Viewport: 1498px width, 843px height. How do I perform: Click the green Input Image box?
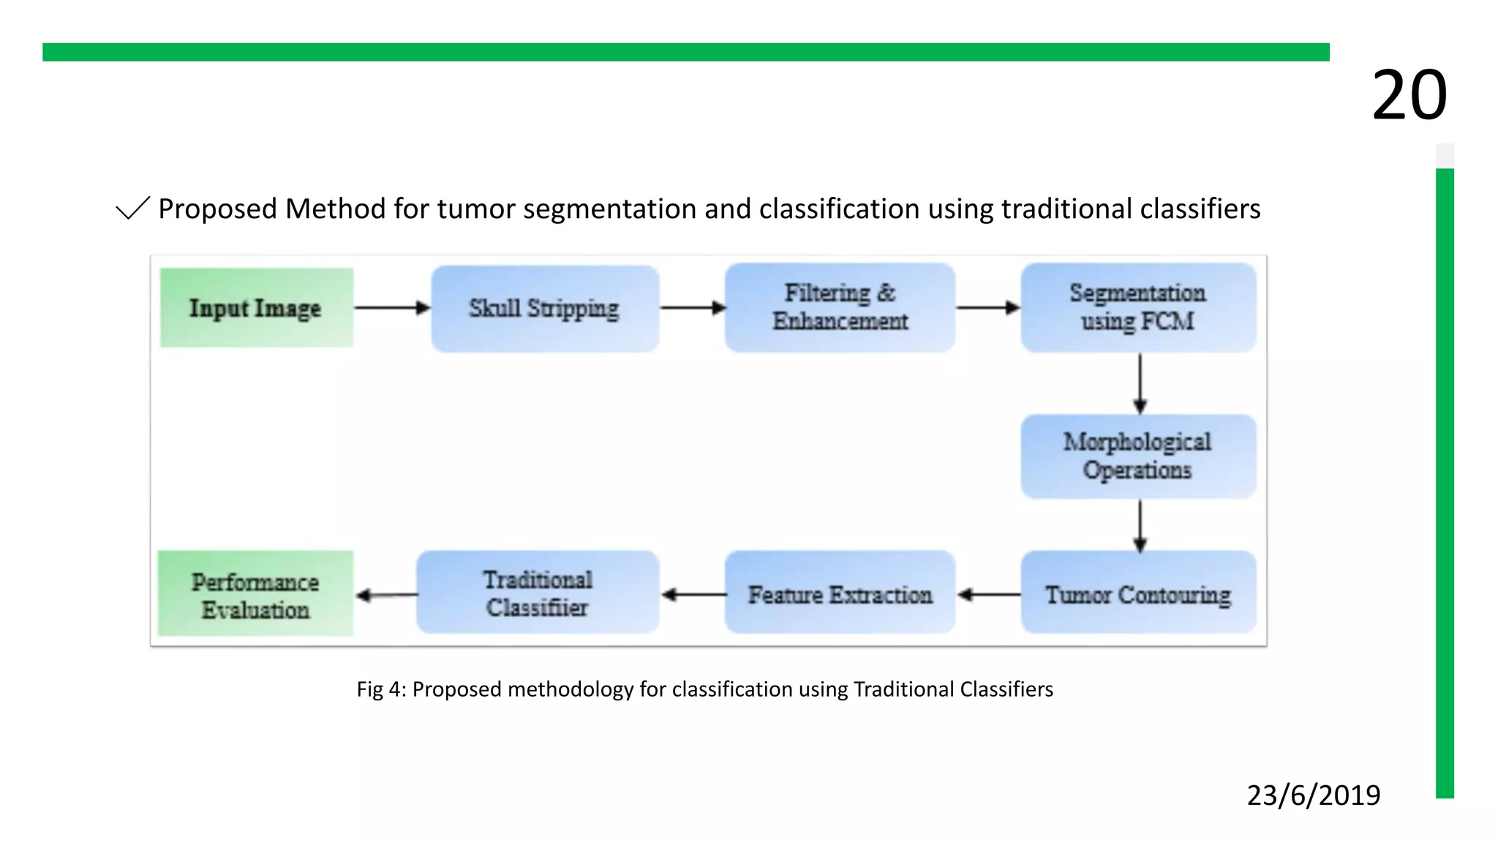pos(256,307)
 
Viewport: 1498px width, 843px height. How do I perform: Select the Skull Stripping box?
pos(544,308)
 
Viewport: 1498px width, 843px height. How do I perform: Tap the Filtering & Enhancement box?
pos(840,307)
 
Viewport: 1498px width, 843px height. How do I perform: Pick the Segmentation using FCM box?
pos(1138,307)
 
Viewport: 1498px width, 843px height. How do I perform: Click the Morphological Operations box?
pos(1138,456)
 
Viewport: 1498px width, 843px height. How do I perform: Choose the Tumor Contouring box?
pos(1138,593)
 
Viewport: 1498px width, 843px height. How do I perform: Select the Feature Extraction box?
pos(840,593)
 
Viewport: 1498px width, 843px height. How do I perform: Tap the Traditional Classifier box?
pos(538,593)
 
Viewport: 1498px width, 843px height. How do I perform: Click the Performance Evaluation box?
pos(255,594)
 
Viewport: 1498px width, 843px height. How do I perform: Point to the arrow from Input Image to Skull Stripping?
pos(392,307)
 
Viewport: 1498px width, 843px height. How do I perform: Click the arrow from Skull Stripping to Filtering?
pos(692,307)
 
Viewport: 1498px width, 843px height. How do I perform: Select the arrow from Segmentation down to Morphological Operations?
pos(1140,383)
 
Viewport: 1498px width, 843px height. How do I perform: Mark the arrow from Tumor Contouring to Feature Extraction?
pos(988,594)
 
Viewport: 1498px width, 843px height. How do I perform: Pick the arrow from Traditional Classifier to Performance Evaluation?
pos(386,595)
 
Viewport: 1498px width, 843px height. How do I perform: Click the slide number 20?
pos(1409,95)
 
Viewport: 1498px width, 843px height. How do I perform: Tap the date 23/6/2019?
pos(1313,795)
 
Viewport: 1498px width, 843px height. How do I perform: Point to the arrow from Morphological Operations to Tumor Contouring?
pos(1140,525)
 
